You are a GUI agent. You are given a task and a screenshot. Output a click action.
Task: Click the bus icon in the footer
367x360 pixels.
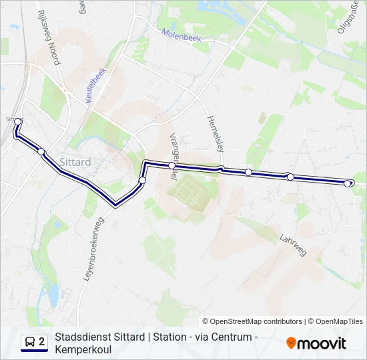(30, 343)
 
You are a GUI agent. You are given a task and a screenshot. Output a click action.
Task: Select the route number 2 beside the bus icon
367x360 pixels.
(42, 342)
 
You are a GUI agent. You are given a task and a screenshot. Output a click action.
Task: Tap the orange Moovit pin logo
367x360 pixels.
(291, 343)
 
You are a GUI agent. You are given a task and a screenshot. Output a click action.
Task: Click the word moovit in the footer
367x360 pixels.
(322, 343)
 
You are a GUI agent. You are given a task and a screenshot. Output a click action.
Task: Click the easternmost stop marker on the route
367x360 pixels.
(347, 183)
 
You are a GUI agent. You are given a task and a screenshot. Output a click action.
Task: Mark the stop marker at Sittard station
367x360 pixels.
(18, 121)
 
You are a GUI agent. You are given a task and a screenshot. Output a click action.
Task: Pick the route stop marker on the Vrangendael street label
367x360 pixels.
(171, 165)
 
